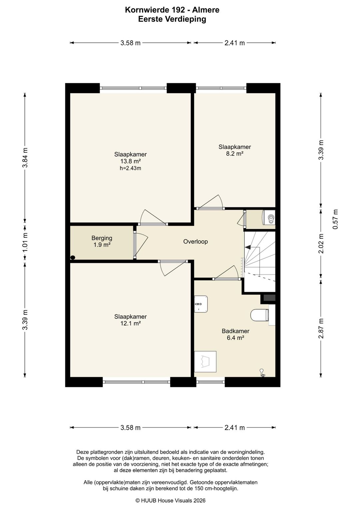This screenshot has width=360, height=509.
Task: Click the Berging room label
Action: click(102, 238)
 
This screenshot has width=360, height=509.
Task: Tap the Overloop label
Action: click(195, 241)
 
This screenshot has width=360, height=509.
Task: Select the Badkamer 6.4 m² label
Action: click(236, 335)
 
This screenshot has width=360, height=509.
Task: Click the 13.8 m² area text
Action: click(130, 161)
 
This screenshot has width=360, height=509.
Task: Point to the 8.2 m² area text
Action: click(235, 154)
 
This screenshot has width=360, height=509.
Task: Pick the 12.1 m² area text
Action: click(130, 323)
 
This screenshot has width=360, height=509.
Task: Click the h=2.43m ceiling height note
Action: click(130, 168)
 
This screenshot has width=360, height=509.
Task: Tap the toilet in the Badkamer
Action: click(260, 315)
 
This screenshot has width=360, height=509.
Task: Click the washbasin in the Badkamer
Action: click(201, 304)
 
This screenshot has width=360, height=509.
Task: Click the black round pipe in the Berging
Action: click(73, 258)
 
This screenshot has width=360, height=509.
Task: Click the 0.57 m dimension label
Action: click(335, 219)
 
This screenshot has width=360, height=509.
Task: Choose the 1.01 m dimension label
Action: click(25, 242)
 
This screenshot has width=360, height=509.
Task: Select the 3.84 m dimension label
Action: click(25, 157)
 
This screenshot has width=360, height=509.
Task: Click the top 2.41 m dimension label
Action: click(235, 43)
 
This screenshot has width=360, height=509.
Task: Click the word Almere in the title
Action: click(206, 10)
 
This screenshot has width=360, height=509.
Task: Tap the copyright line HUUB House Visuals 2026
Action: click(170, 500)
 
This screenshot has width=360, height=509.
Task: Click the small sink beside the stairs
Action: click(270, 218)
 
